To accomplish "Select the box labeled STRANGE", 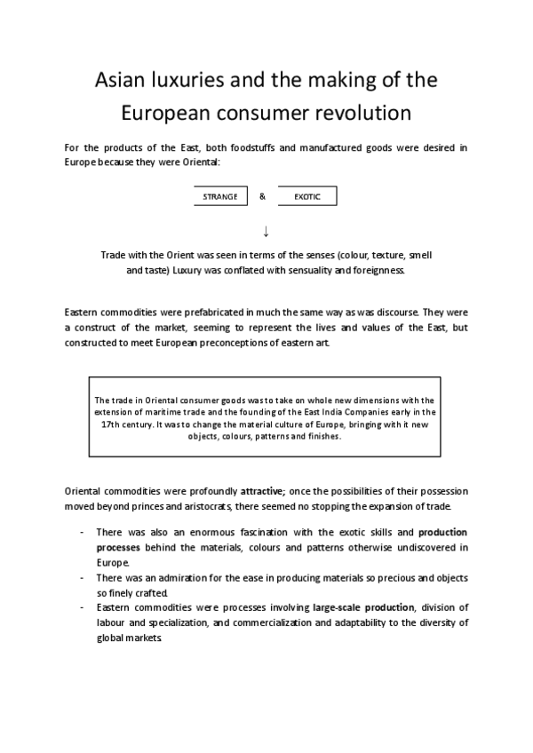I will point(219,197).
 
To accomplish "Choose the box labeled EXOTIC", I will point(307,197).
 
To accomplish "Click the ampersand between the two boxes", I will point(263,196).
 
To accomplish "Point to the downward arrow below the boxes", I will point(266,231).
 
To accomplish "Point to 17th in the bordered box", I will point(114,424).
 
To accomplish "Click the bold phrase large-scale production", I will point(362,607).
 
